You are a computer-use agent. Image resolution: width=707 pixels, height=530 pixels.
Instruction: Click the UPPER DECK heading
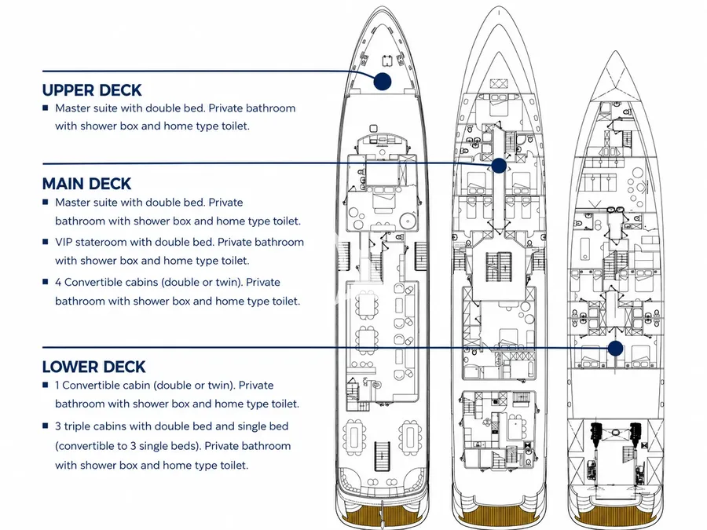[92, 90]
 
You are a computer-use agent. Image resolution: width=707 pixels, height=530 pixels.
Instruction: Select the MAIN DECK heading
[86, 184]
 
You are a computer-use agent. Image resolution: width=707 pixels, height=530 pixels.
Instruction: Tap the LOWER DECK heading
[93, 367]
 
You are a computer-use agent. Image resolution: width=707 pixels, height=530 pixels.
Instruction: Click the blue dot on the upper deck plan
[383, 81]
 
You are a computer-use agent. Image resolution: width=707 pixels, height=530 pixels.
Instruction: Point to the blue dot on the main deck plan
[499, 166]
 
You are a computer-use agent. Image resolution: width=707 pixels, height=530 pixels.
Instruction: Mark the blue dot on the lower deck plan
[615, 348]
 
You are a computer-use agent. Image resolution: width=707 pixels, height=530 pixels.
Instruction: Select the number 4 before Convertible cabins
[58, 282]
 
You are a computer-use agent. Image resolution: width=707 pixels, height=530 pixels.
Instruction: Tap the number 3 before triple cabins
[58, 426]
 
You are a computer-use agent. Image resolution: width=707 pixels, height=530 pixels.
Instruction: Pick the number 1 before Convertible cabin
[57, 386]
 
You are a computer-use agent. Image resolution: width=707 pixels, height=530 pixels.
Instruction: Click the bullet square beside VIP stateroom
[45, 242]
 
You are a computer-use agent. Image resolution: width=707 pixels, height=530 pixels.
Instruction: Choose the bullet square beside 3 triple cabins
[45, 426]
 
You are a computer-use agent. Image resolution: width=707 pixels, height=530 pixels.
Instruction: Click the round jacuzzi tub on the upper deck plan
[408, 221]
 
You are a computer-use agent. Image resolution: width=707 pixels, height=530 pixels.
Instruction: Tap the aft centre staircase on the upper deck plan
[382, 455]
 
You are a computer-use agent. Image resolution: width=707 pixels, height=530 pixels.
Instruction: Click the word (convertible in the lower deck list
[83, 446]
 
